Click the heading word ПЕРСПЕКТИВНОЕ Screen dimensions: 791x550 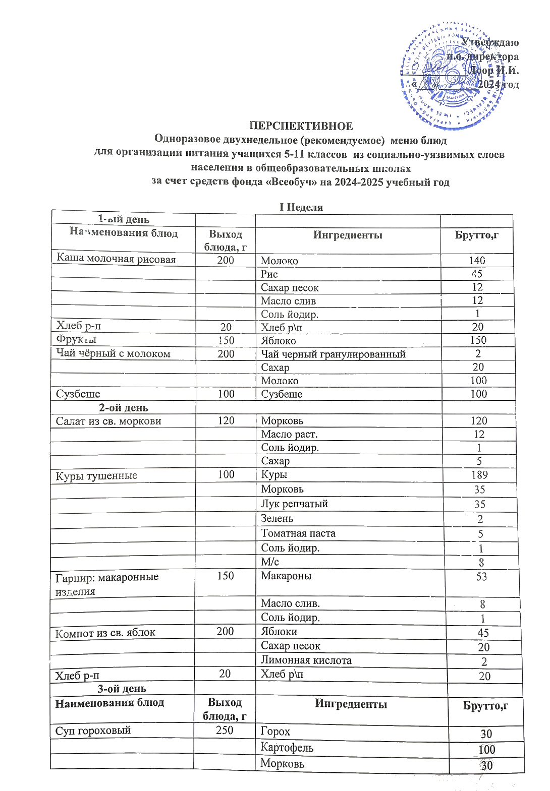click(301, 126)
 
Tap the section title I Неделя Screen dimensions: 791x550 click(301, 207)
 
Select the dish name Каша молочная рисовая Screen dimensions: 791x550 click(116, 259)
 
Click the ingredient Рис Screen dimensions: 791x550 click(269, 274)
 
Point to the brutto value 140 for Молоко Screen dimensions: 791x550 click(477, 260)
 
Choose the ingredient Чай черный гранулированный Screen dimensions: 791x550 click(333, 354)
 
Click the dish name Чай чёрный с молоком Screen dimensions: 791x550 click(113, 353)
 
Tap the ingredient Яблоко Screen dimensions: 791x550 click(279, 341)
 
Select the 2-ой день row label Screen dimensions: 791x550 click(124, 408)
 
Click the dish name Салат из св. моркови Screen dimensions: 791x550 click(108, 421)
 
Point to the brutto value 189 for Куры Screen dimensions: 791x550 click(479, 475)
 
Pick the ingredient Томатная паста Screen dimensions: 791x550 click(298, 533)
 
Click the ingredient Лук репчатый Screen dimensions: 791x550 click(295, 504)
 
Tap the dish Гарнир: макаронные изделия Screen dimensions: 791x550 click(107, 584)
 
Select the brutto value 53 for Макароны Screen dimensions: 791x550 click(481, 577)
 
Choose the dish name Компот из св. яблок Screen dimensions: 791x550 click(105, 633)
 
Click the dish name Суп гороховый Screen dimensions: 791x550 click(93, 731)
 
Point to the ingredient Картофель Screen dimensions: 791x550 click(287, 748)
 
